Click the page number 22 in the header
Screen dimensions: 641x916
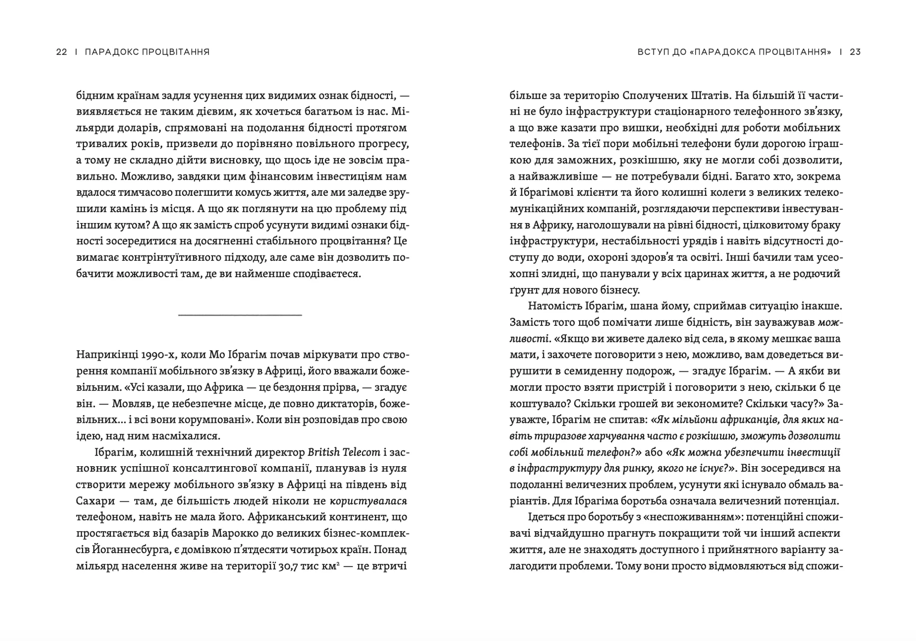pos(62,52)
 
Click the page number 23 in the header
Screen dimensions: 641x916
pos(855,52)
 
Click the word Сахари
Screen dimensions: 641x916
pos(94,501)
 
